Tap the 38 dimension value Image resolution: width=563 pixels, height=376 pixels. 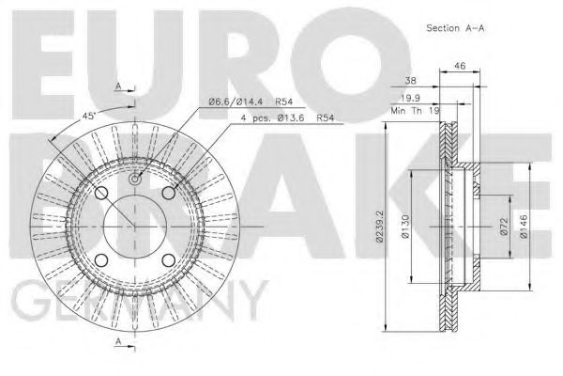coord(409,82)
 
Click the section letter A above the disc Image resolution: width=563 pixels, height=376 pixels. coord(117,86)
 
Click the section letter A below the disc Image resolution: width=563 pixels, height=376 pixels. coord(117,344)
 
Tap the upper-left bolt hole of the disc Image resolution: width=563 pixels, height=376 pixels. coord(101,193)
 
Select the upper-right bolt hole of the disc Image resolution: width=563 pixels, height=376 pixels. coord(169,193)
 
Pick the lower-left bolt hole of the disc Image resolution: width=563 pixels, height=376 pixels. coord(101,260)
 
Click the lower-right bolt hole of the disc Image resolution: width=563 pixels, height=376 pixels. coord(169,260)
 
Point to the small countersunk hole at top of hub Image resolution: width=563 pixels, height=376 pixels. coord(135,179)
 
